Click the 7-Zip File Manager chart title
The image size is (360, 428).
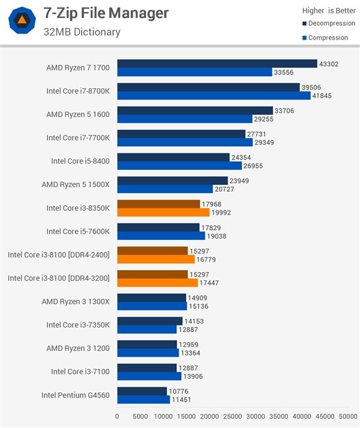pos(106,13)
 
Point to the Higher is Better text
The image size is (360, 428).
pos(328,10)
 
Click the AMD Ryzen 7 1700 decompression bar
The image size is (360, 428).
pos(217,64)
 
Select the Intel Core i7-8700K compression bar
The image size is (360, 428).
pos(214,95)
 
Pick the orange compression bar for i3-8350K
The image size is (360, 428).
pos(163,212)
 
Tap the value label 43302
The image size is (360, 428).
pos(330,64)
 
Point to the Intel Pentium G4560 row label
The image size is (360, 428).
pos(76,395)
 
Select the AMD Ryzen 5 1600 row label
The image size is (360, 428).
pos(78,114)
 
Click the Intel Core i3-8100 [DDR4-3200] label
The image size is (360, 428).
pos(59,278)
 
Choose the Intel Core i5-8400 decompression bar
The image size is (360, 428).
pos(173,157)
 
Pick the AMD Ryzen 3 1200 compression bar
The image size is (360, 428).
pos(148,352)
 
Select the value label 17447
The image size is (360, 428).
pos(211,282)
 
